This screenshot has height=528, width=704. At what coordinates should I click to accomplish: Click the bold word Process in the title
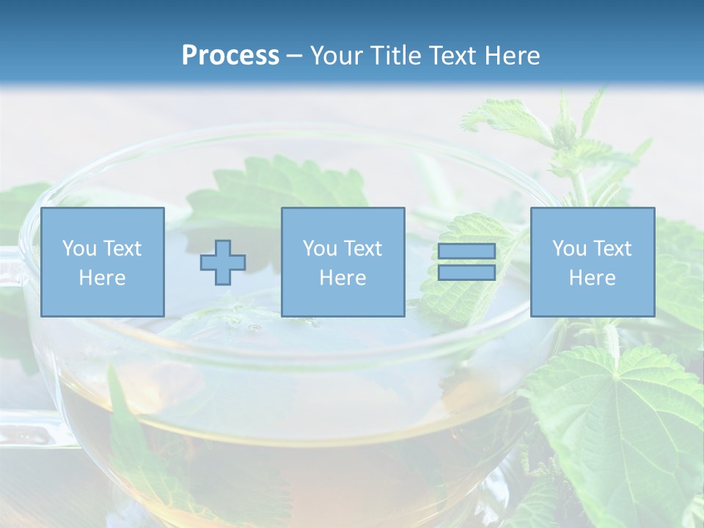pos(230,55)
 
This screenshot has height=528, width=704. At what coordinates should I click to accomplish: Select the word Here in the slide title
pos(511,56)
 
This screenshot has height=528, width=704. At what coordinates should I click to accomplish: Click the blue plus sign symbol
pos(223,262)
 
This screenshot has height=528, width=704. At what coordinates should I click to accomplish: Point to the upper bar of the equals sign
pos(466,251)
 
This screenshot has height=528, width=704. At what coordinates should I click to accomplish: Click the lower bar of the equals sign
pos(466,273)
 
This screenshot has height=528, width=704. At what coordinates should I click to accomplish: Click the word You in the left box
pos(79,249)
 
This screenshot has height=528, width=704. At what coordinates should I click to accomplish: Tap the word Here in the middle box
pos(342,278)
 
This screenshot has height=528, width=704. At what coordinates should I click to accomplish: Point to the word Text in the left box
pos(122,249)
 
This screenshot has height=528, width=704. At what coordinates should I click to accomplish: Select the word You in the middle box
pos(320,249)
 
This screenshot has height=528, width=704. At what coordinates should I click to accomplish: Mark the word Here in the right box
pos(592,278)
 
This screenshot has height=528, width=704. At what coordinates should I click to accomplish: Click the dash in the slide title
pos(295,56)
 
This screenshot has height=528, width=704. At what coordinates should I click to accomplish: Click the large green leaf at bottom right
pos(623,425)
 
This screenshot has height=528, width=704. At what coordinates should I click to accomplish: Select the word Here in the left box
pos(102,278)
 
